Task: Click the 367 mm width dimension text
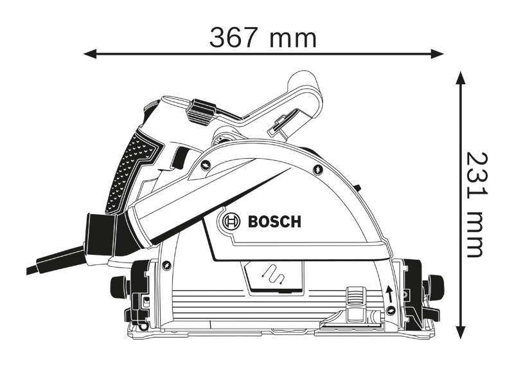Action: (x=263, y=38)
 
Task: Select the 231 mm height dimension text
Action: (x=475, y=205)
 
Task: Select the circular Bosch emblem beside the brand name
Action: (x=229, y=223)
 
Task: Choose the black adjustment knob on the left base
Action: (x=119, y=284)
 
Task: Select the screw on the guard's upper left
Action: (x=205, y=168)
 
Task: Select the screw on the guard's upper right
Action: (x=318, y=169)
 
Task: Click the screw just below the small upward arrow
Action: (x=391, y=311)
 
